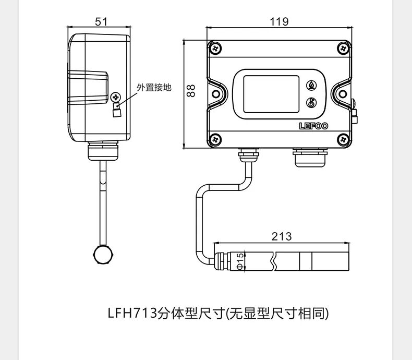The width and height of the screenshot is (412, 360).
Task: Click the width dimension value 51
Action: click(101, 21)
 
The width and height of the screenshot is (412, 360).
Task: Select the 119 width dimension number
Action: click(280, 21)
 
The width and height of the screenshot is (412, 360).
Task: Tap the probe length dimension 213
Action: click(282, 236)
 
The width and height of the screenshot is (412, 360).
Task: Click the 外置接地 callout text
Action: click(154, 88)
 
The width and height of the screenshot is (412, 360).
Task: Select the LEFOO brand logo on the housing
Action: click(313, 126)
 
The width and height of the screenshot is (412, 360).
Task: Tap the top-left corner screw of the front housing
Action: click(216, 48)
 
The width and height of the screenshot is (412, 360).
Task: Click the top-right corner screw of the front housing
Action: click(343, 48)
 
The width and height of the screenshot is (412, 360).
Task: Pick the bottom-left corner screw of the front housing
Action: click(216, 139)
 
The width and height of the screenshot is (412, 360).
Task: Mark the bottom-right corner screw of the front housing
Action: click(343, 139)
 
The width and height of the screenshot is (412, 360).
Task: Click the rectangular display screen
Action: click(271, 94)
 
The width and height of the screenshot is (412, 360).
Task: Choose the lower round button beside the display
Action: click(311, 103)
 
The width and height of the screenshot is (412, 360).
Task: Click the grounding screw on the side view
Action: click(116, 97)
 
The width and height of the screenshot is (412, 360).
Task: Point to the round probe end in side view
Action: click(103, 255)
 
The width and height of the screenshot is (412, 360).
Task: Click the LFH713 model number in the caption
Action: click(132, 314)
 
